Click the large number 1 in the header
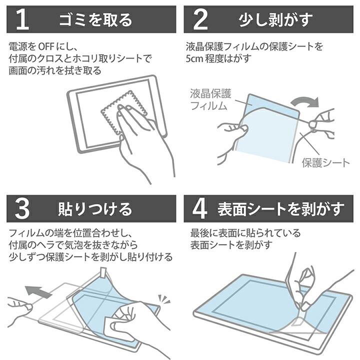[x=20, y=19]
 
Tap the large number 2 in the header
[x=199, y=19]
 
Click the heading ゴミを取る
[x=95, y=19]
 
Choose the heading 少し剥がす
[x=274, y=19]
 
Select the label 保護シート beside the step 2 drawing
[x=325, y=162]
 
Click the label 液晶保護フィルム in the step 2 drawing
[x=209, y=99]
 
